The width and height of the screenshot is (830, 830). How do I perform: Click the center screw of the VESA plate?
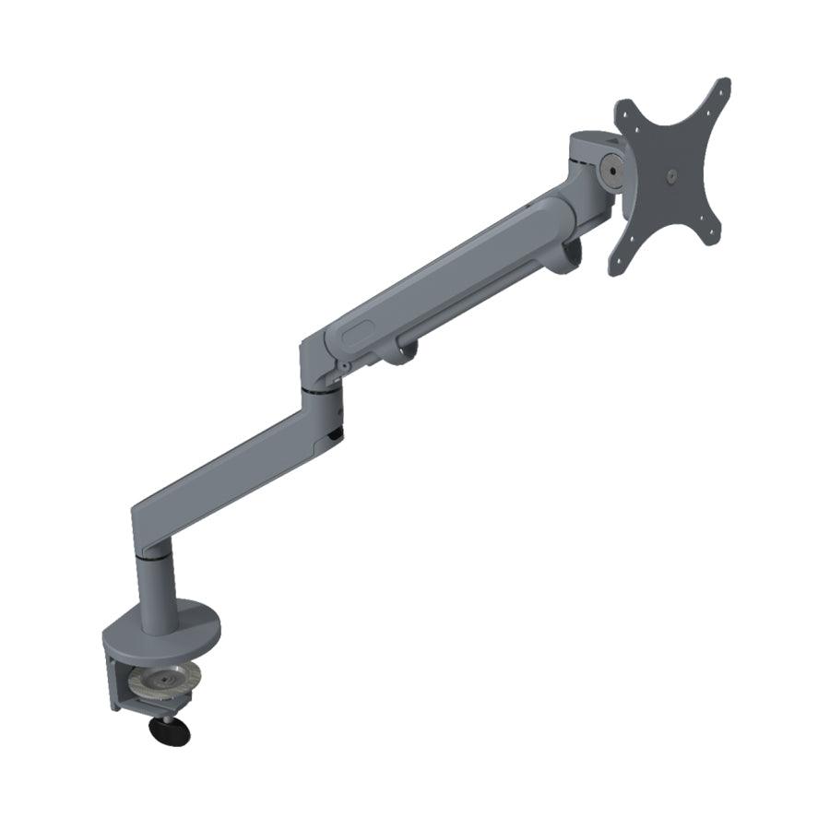pos(670,174)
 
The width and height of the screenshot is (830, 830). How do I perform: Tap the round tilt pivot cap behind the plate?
pos(610,170)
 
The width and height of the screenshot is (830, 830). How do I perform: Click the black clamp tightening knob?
pos(169,732)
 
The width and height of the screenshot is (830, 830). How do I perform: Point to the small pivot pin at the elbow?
pos(343,366)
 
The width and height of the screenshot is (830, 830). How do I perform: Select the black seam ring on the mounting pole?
pos(152,557)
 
